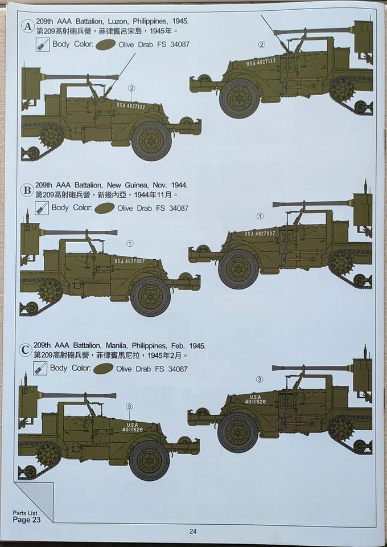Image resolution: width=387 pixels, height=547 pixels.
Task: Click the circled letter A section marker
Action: click(x=27, y=26)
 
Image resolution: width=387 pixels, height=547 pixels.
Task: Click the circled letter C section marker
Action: click(x=26, y=350)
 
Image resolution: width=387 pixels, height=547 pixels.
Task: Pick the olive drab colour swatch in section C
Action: click(x=102, y=369)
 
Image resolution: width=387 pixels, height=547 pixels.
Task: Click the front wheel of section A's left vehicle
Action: click(x=151, y=140)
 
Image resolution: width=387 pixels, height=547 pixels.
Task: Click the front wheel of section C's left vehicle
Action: click(x=150, y=459)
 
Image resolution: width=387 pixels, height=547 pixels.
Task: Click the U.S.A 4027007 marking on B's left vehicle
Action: click(x=130, y=262)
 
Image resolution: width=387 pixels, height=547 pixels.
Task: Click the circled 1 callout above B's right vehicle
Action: click(x=260, y=217)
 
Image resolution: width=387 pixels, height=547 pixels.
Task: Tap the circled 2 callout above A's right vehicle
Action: click(x=261, y=44)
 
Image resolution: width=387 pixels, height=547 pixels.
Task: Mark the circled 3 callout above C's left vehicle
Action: click(x=129, y=406)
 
